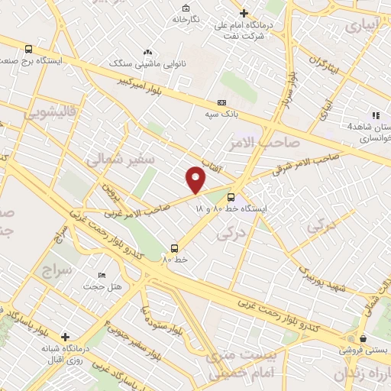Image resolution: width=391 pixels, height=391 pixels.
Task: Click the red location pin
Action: coord(196,179)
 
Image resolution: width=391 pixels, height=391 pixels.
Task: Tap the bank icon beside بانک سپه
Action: coord(221,102)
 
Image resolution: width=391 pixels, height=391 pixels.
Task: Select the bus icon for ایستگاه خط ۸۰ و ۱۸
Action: coord(252,195)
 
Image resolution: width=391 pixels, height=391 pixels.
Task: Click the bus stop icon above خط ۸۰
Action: coord(175,247)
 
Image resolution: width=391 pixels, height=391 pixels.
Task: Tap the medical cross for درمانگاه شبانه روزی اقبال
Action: coord(66,336)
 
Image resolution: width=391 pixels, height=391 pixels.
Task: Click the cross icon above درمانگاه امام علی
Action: coord(244,13)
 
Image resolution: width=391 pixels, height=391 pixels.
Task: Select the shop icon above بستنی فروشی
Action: coord(363,338)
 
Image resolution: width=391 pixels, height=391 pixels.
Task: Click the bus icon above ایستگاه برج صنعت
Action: coord(28,47)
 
